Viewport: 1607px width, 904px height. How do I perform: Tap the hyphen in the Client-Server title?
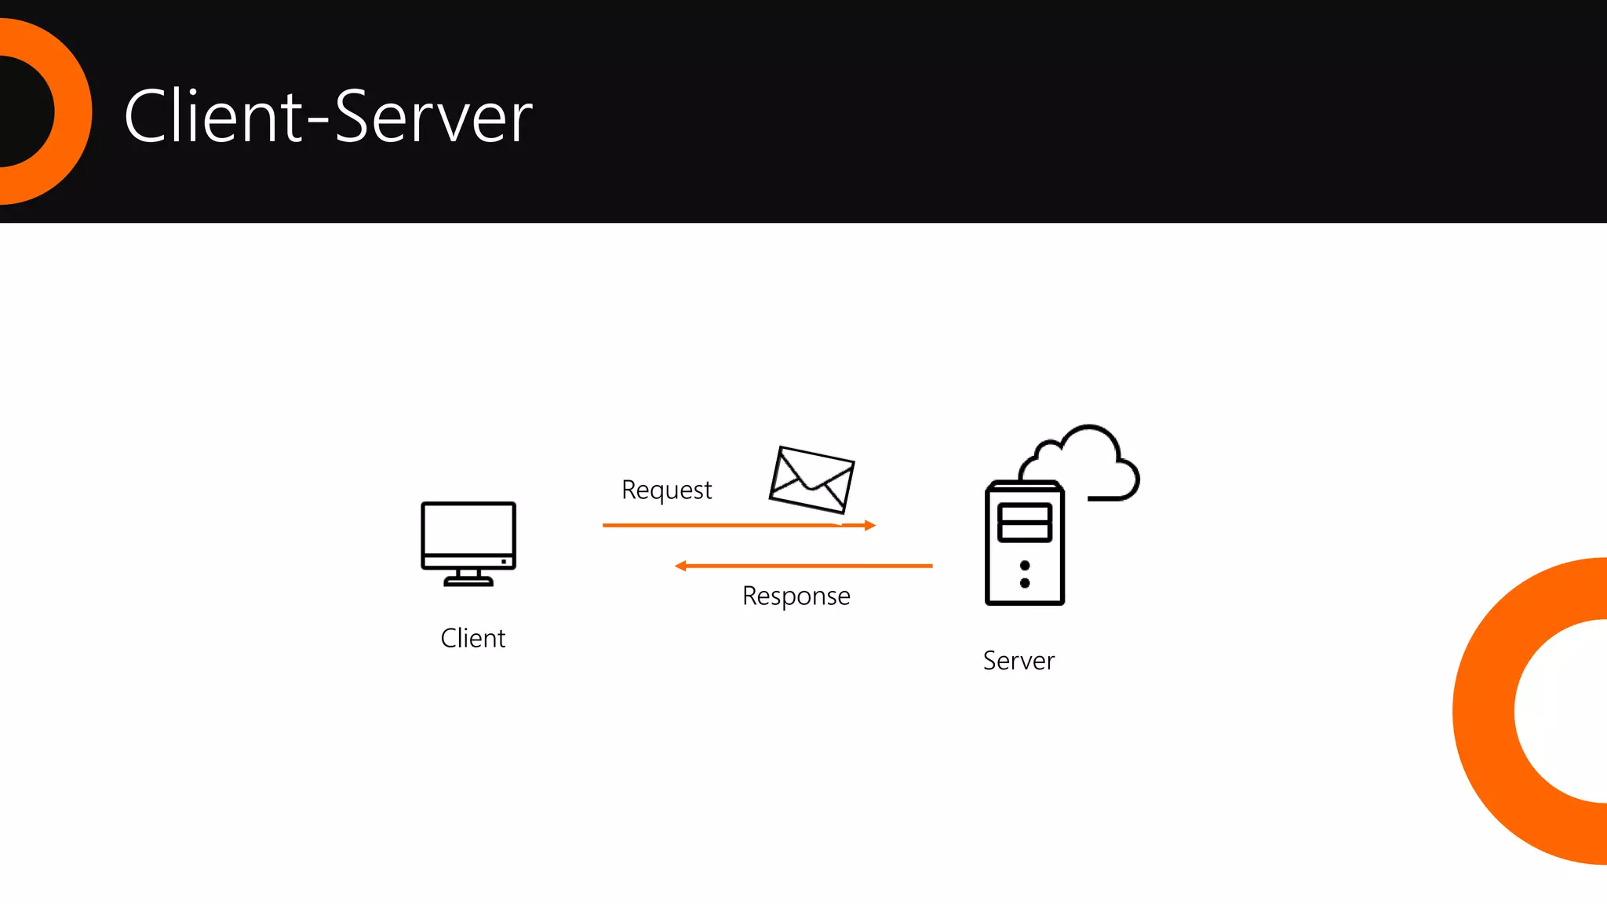tap(317, 119)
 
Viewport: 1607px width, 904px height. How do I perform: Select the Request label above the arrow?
tap(666, 490)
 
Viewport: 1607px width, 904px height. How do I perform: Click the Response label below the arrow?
tap(796, 596)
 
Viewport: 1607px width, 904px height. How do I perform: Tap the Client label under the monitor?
tap(472, 638)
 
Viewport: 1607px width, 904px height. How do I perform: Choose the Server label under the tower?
tap(1018, 661)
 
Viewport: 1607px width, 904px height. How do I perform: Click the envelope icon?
tap(811, 479)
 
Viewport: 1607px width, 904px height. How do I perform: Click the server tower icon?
tap(1024, 549)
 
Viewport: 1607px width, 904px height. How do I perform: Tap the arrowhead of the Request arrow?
tap(869, 525)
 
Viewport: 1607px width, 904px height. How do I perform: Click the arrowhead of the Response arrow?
tap(680, 566)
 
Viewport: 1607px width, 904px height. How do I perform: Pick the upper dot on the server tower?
tap(1025, 566)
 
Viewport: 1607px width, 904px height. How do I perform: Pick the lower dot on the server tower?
tap(1025, 583)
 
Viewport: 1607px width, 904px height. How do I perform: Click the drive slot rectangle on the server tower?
tap(1024, 523)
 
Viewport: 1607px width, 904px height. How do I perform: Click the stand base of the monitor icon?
tap(468, 581)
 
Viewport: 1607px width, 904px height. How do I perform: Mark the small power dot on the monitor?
tap(504, 561)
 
